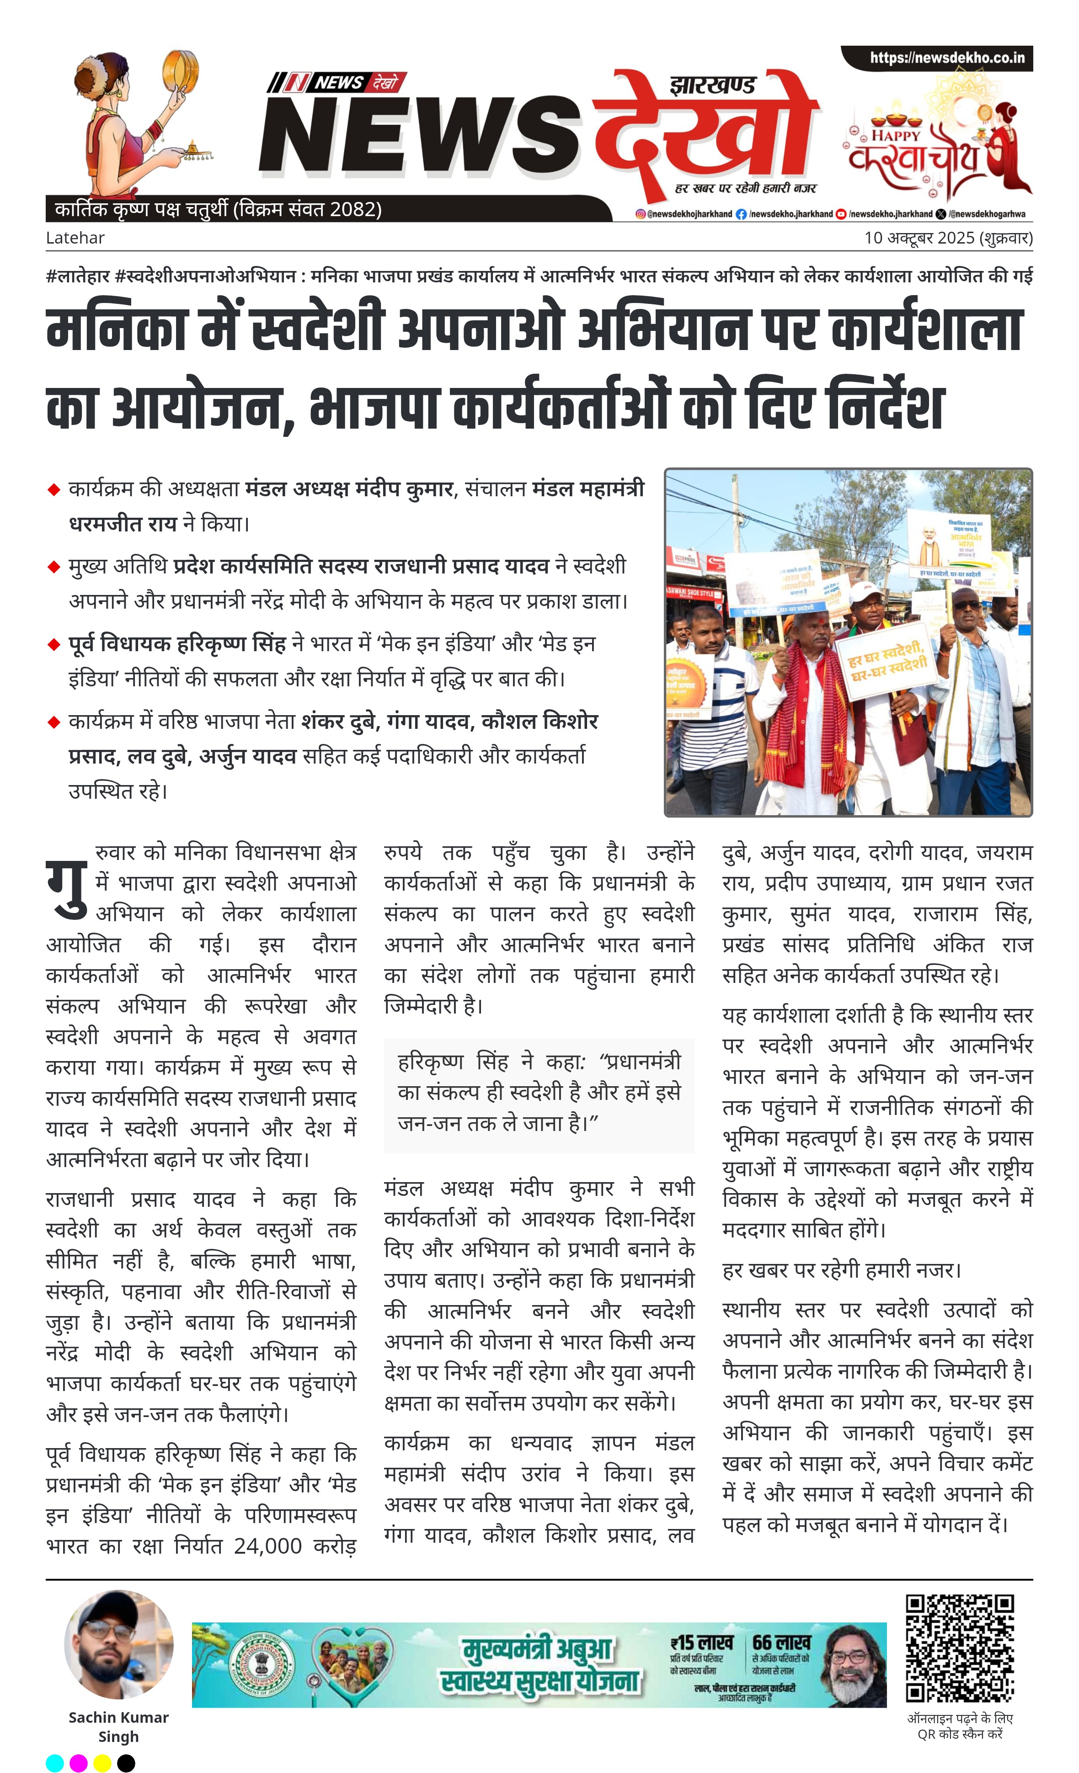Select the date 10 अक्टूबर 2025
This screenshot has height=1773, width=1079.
pos(919,238)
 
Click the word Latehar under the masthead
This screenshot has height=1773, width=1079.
pos(75,238)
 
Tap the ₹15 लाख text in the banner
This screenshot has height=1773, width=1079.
pos(701,1643)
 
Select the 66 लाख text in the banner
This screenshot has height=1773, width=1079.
pos(781,1643)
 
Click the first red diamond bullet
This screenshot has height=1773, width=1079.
pos(53,490)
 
